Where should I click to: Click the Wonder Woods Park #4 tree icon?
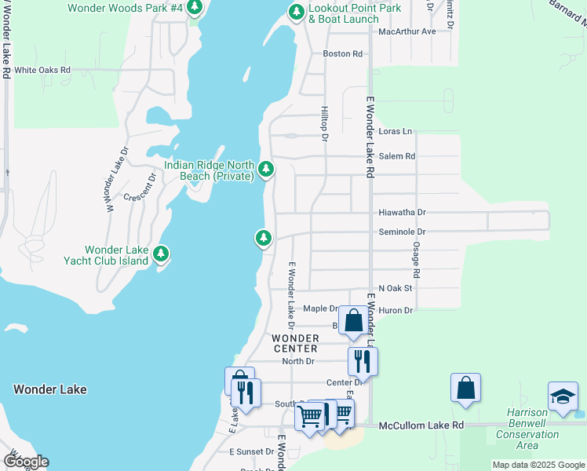pos(195,8)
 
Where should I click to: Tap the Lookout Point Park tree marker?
pos(296,13)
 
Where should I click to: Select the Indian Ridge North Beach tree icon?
pos(266,169)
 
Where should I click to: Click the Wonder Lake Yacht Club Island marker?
pos(161,254)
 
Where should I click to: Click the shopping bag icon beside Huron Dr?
pos(353,321)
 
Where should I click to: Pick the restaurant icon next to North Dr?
pos(363,361)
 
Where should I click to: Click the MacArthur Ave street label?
pos(407,31)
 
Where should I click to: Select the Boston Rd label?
pos(343,54)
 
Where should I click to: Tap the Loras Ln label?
pos(395,132)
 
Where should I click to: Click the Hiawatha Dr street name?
pos(402,213)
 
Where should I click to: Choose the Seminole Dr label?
pos(402,232)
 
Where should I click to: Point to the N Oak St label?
pos(395,289)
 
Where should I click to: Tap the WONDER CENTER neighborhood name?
pos(295,343)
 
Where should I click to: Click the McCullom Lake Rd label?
pos(421,425)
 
